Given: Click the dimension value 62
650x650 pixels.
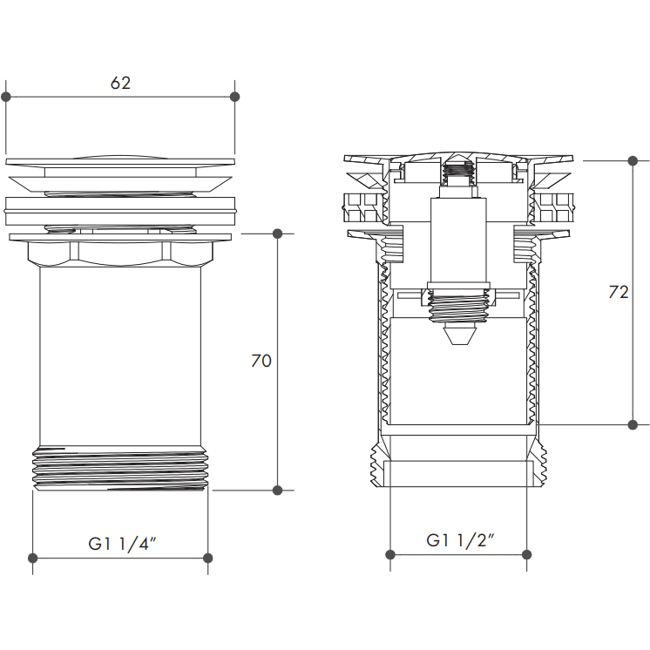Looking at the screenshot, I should (120, 84).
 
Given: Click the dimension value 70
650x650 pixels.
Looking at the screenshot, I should (261, 361).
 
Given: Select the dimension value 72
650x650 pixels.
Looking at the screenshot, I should (618, 293).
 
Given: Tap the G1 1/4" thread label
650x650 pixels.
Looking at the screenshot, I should (121, 544).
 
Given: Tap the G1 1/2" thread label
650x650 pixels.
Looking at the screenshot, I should (460, 540).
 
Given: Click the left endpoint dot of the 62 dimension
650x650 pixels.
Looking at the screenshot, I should (6, 96).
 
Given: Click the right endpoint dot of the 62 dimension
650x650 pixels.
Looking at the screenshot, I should (234, 96).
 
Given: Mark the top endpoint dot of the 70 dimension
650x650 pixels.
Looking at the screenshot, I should (278, 234).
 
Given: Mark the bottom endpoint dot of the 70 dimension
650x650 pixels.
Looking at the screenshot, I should (278, 490).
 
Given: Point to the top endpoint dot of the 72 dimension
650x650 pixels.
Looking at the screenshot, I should (633, 161).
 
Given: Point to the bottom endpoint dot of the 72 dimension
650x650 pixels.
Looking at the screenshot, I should (633, 424).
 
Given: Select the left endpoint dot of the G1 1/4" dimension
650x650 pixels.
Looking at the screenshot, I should (33, 558).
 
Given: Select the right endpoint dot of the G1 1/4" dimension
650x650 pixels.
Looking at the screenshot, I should (207, 558).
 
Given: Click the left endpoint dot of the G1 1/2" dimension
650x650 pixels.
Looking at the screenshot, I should (390, 554).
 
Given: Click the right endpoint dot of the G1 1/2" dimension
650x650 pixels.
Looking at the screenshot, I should (527, 554).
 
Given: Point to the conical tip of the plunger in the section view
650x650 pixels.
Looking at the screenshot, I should (458, 335).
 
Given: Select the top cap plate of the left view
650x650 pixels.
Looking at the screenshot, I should (120, 161).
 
